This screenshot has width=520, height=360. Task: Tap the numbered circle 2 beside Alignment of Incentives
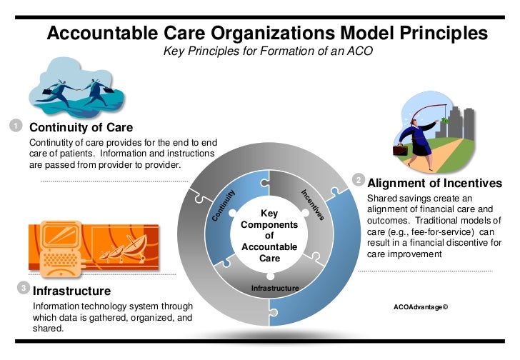tap(359, 180)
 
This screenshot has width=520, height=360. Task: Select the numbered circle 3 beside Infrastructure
tap(23, 289)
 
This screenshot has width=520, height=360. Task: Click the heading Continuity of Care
tap(81, 129)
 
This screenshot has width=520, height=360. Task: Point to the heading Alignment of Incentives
tap(434, 183)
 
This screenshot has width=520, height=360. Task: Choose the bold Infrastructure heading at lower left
tap(72, 291)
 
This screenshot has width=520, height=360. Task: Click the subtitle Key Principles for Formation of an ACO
tap(269, 52)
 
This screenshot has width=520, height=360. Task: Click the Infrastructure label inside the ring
tap(274, 288)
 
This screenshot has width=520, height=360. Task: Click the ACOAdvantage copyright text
tap(421, 307)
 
